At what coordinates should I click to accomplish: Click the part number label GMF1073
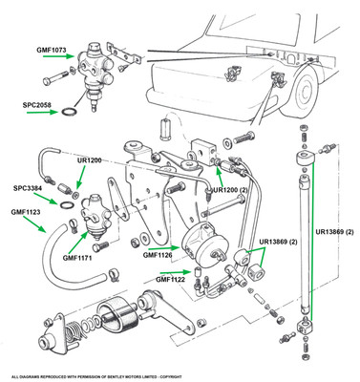[x=52, y=50]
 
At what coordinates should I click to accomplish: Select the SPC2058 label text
[x=36, y=104]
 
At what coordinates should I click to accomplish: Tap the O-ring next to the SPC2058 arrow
[x=69, y=112]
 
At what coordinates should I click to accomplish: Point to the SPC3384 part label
[x=28, y=188]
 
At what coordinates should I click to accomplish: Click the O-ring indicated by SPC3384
[x=66, y=205]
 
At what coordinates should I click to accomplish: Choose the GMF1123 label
[x=26, y=212]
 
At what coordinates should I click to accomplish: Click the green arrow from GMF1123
[x=34, y=224]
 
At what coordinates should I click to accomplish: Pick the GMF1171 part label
[x=77, y=258]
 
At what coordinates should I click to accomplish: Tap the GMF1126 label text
[x=158, y=255]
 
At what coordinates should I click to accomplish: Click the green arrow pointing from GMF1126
[x=164, y=247]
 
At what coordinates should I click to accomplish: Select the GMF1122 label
[x=170, y=280]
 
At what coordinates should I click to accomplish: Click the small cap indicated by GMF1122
[x=197, y=272]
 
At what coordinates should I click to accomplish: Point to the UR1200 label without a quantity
[x=89, y=160]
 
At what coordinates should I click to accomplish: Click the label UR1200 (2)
[x=230, y=190]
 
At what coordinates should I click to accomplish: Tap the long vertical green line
[x=312, y=241]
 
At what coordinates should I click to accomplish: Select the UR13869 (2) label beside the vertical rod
[x=334, y=232]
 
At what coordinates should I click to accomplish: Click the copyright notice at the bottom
[x=96, y=377]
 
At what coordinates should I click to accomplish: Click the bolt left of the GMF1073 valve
[x=56, y=77]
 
